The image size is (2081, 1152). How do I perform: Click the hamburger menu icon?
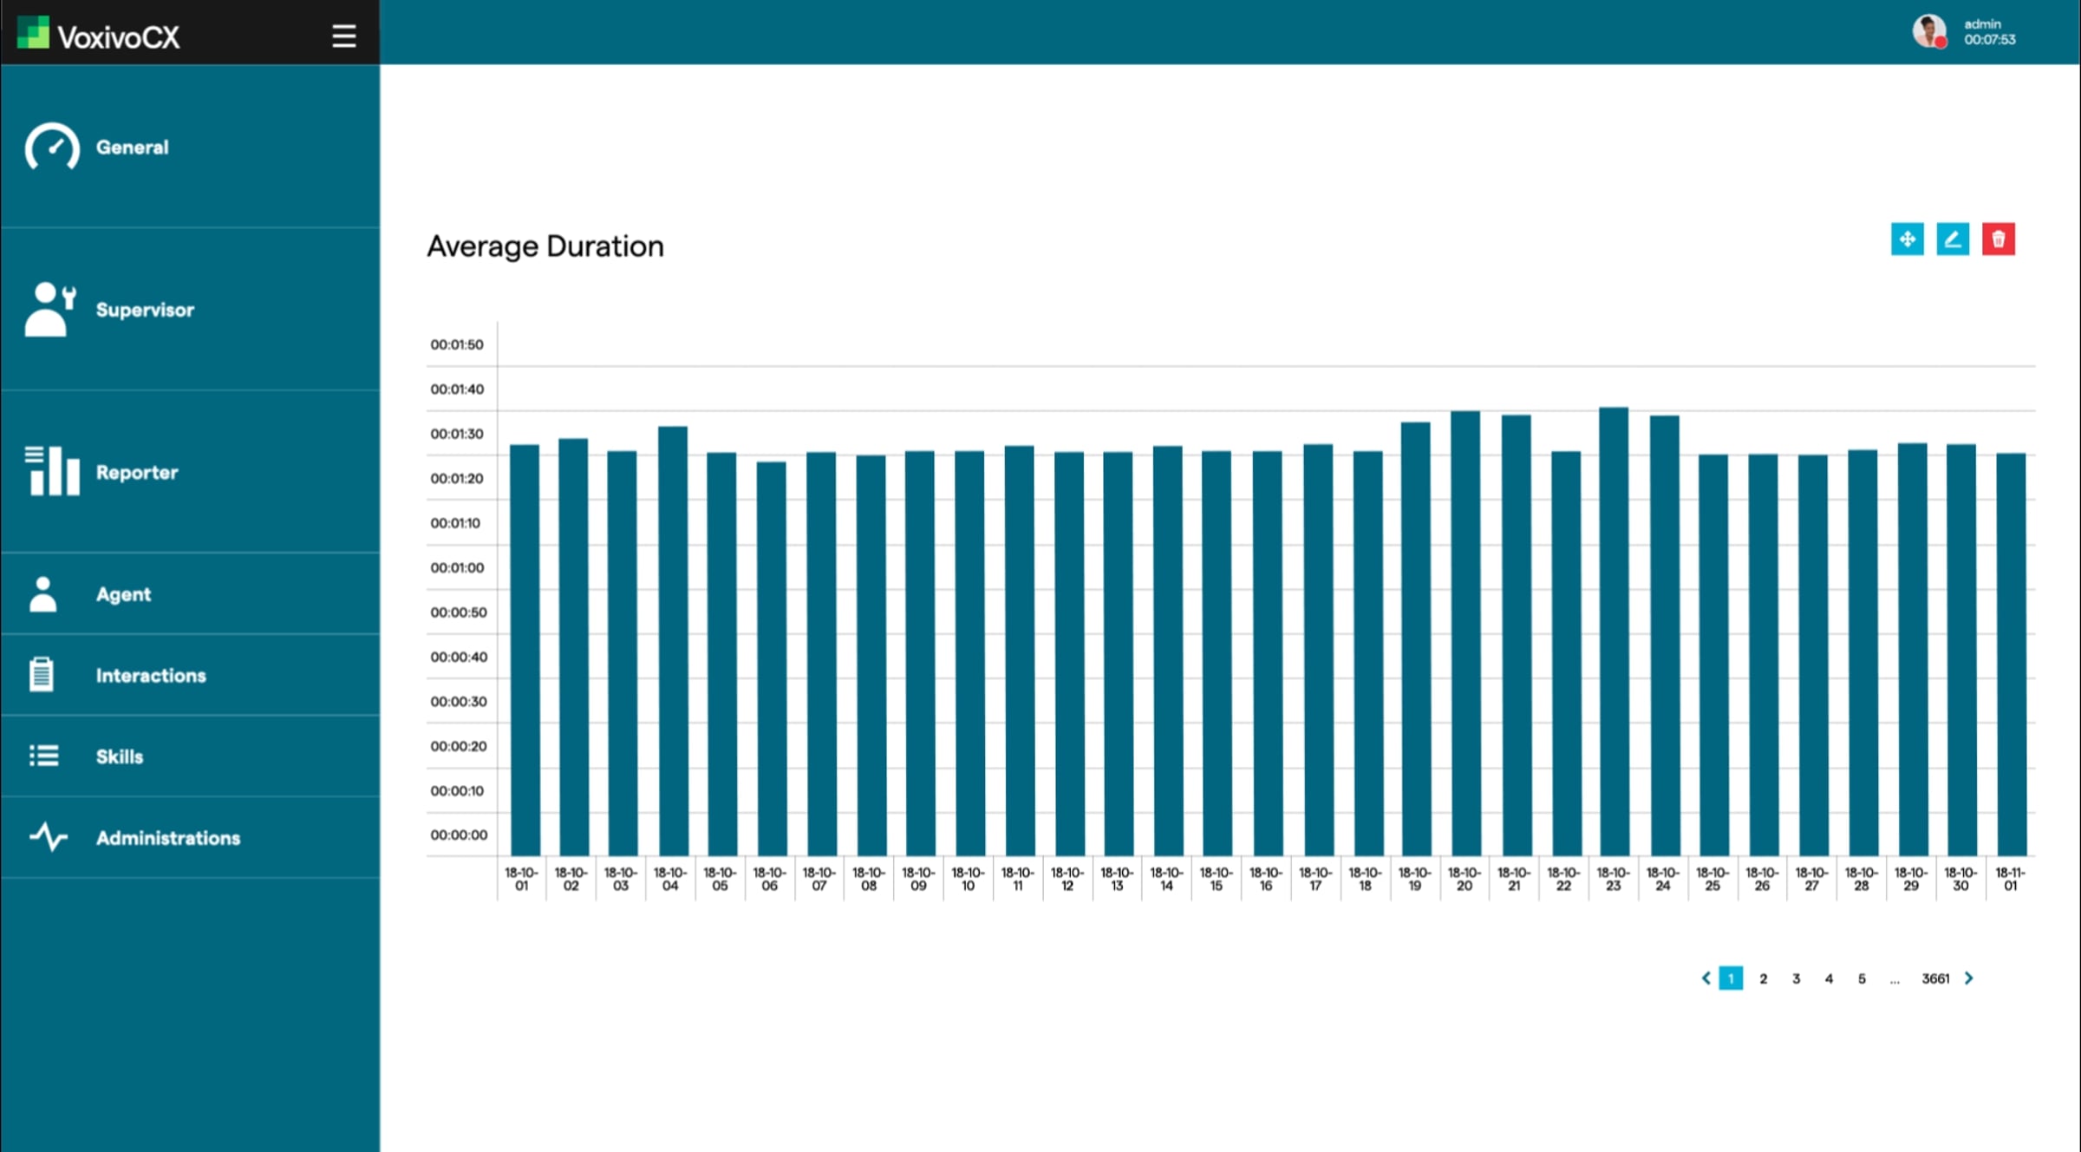pos(343,36)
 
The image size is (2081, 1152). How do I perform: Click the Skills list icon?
pos(43,756)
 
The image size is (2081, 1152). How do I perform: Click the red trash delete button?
pos(1998,239)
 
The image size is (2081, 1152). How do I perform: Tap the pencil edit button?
pos(1953,239)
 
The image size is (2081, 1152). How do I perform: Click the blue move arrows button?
pos(1907,239)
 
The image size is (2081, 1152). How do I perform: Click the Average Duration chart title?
pos(545,246)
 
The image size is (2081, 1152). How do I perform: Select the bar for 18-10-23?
pos(1614,632)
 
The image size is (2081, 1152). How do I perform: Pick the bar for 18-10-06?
pos(771,658)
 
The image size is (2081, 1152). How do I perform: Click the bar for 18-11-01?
pos(2011,654)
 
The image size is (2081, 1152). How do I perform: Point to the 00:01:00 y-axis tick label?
pos(457,567)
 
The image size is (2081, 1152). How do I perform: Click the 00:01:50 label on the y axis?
pos(457,344)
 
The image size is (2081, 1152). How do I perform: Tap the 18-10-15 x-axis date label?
pos(1216,879)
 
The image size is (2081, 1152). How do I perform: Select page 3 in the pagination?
pos(1796,979)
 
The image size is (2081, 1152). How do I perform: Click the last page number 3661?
pos(1935,979)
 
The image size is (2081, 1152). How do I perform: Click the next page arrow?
pos(1968,979)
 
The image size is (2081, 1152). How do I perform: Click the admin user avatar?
pos(1929,31)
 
